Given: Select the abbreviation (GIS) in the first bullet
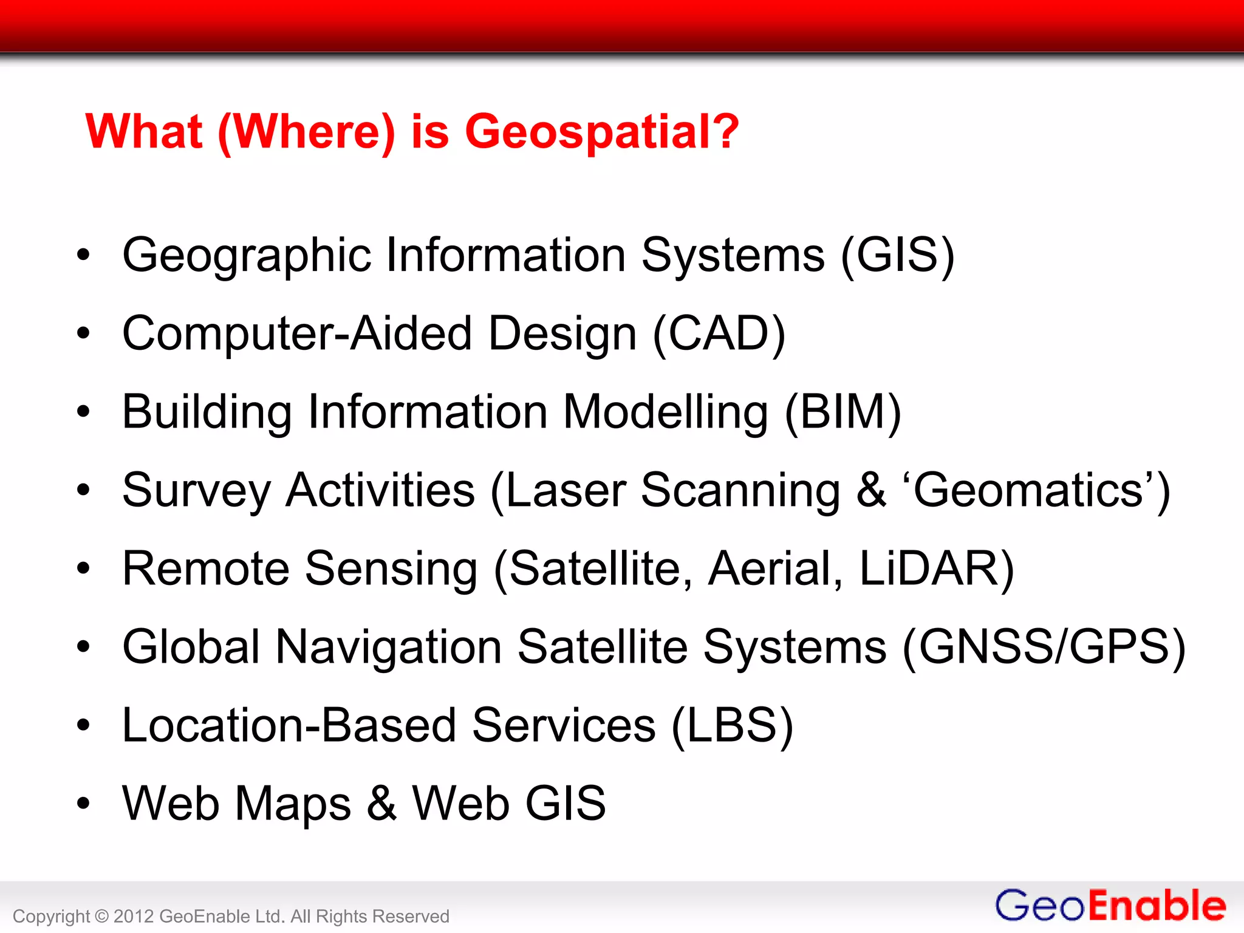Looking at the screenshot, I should [897, 255].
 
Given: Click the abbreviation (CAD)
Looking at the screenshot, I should [719, 333].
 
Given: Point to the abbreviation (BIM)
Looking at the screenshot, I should [842, 412].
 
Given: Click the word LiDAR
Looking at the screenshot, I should [936, 569].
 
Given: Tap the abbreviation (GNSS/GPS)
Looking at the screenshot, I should [1044, 647].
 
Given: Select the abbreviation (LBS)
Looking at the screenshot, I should [732, 725].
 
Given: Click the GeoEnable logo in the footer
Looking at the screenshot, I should [1110, 906].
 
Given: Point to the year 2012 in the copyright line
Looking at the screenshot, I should [133, 916].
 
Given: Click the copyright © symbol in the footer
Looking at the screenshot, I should [102, 916].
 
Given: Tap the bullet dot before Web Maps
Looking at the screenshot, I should [83, 804].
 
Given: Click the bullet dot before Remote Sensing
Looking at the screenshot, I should [83, 569].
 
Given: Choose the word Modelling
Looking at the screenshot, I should [665, 412].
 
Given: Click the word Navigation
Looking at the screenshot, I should [388, 647].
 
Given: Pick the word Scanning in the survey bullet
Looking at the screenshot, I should [740, 490].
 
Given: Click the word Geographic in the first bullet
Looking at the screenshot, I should [246, 255].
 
